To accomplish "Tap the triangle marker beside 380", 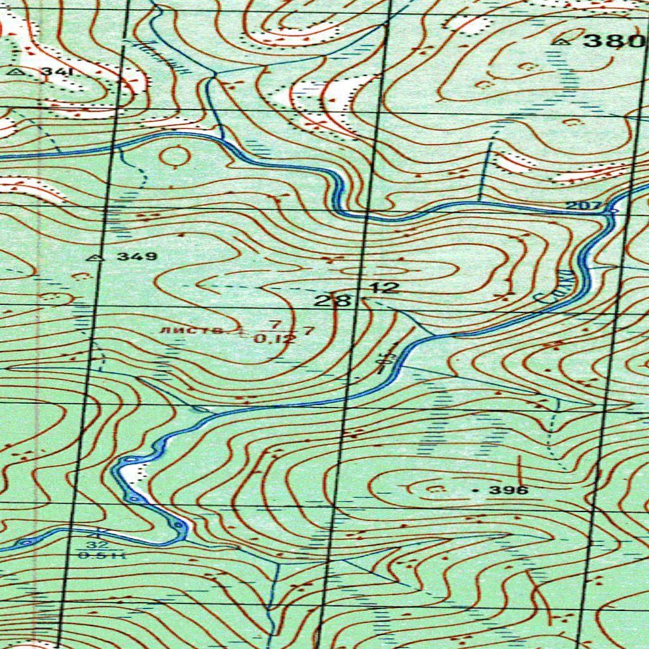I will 562,42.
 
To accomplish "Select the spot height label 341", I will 58,72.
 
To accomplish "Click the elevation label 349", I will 137,257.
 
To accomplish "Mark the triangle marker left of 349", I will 96,257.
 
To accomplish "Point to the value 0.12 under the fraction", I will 274,339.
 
